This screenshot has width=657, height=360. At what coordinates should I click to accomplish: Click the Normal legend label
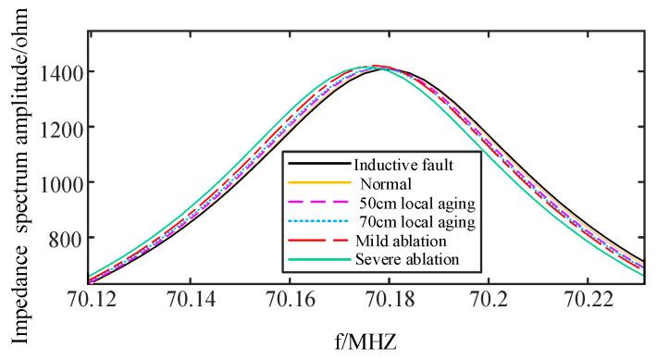pos(381,183)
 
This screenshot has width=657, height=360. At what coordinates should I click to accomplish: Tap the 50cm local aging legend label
pos(415,203)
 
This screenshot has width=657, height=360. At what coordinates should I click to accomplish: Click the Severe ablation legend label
pos(405,260)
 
